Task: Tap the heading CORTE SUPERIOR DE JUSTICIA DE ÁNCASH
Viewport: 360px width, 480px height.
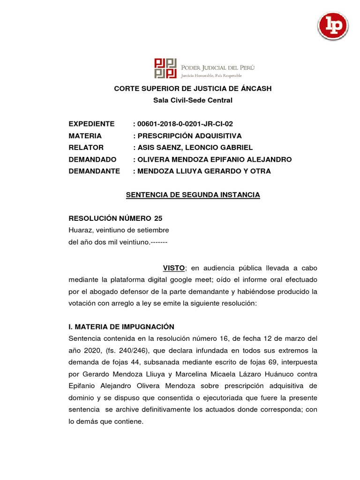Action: point(193,89)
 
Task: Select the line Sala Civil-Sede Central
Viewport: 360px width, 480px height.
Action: point(193,100)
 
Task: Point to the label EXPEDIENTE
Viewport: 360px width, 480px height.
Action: point(91,124)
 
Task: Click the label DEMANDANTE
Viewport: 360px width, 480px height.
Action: point(94,171)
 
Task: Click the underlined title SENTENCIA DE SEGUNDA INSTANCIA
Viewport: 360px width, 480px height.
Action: point(193,195)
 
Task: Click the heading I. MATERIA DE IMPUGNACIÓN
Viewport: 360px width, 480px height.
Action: point(121,327)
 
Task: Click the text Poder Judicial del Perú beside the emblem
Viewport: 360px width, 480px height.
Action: point(217,67)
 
